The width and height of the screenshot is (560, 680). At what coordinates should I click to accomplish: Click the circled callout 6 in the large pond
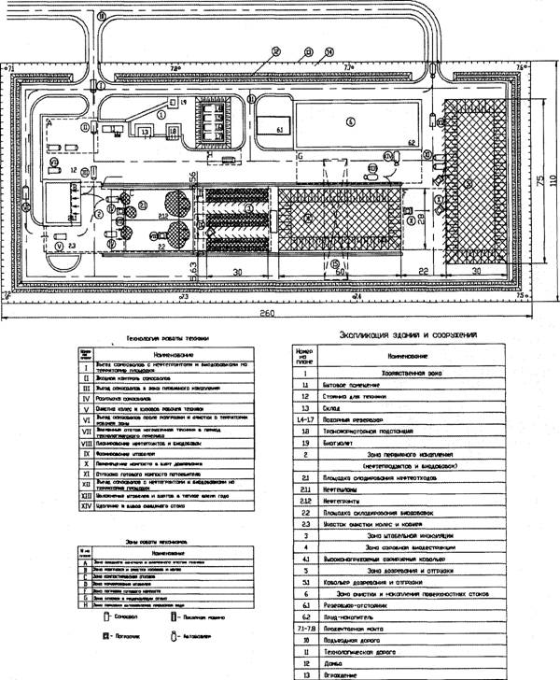pyautogui.click(x=349, y=120)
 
